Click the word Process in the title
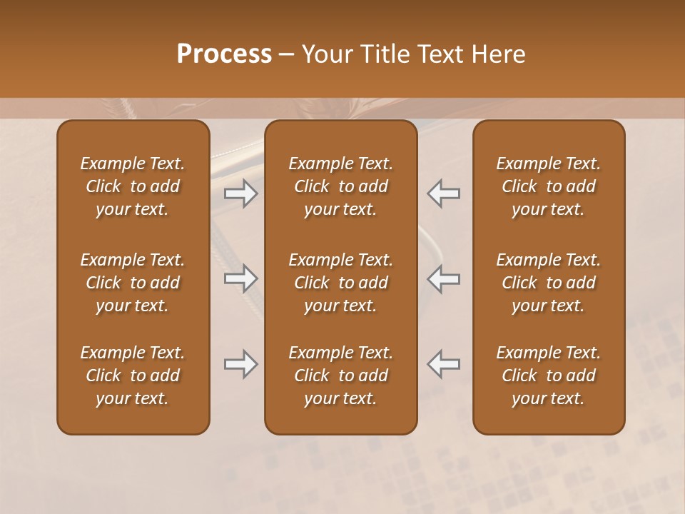[x=224, y=54]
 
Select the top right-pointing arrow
[x=240, y=193]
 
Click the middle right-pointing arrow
[x=240, y=279]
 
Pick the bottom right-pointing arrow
[x=240, y=364]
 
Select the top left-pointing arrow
[x=444, y=193]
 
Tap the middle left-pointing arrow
[x=444, y=279]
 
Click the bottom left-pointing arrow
[x=444, y=364]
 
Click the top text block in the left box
[x=133, y=186]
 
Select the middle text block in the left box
[x=133, y=283]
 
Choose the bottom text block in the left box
[x=133, y=376]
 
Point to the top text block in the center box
[x=340, y=186]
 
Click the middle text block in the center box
[x=340, y=283]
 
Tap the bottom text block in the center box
[x=340, y=376]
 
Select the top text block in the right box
[x=548, y=186]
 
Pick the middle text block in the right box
[x=548, y=283]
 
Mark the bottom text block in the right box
[x=548, y=376]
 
